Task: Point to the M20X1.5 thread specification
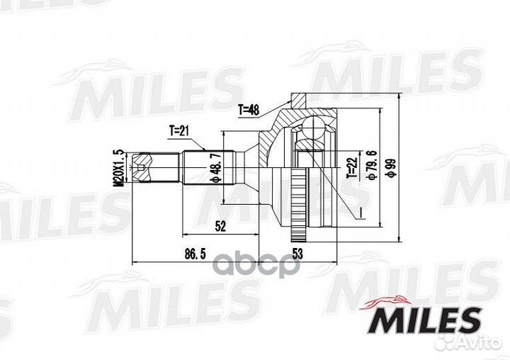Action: tap(118, 168)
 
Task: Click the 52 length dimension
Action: tap(220, 226)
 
